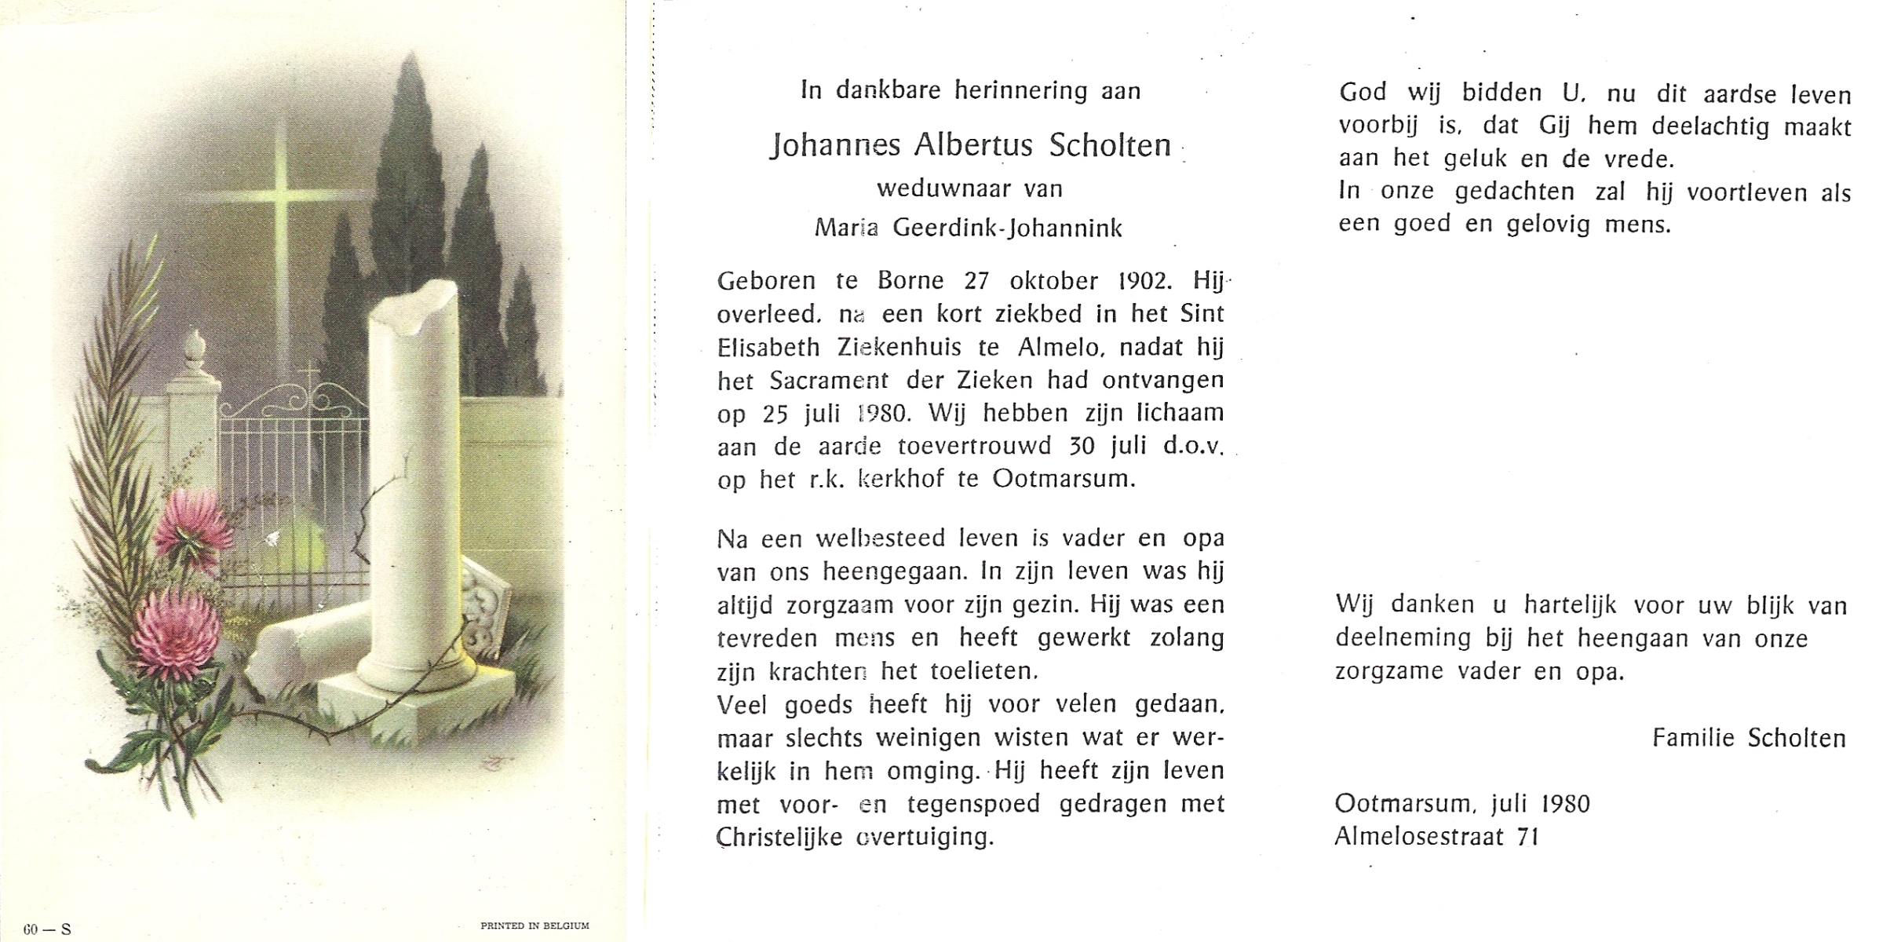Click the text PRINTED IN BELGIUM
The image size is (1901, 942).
pyautogui.click(x=535, y=926)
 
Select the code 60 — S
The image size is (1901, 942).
pyautogui.click(x=47, y=929)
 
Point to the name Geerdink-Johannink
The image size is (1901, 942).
pyautogui.click(x=1008, y=228)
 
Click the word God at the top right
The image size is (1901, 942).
pyautogui.click(x=1363, y=93)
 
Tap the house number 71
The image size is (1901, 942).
pyautogui.click(x=1527, y=837)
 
